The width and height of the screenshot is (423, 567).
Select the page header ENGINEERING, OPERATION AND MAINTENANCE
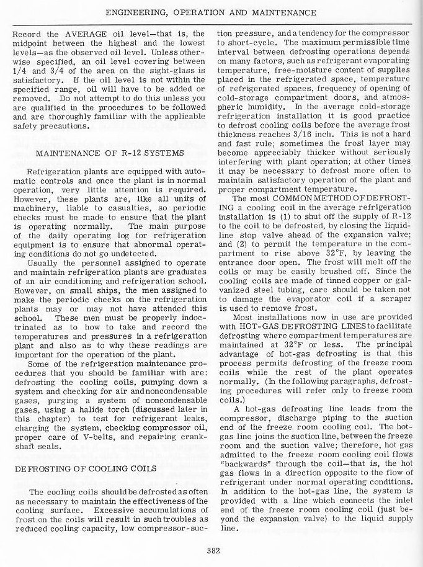click(x=211, y=12)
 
